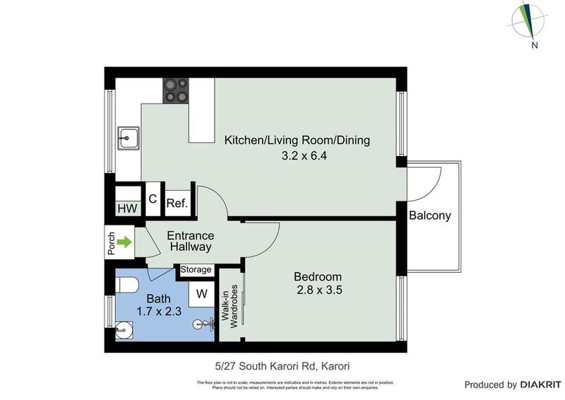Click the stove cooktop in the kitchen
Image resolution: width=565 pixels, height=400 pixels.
pos(176,90)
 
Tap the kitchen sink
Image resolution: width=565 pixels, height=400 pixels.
pos(129,137)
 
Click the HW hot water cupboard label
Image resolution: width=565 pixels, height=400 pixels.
pos(127,208)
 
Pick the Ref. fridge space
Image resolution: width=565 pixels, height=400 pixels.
pos(177,204)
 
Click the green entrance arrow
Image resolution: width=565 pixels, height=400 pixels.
pos(124,243)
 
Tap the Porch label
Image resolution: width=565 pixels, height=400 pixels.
pos(111,243)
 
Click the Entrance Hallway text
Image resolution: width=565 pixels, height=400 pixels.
pos(190,241)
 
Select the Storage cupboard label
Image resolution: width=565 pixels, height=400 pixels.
pos(196,270)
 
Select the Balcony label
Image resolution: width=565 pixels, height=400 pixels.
pos(429,216)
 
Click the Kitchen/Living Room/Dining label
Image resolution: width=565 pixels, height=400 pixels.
pos(297,140)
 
